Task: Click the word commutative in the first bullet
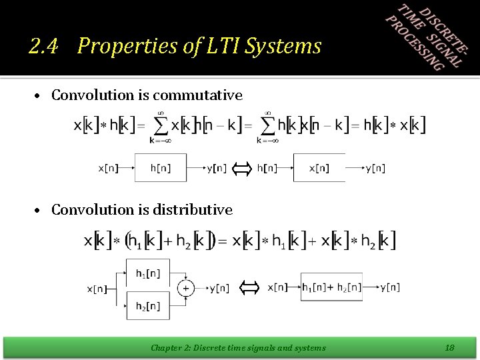pos(199,95)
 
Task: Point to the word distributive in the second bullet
pos(193,210)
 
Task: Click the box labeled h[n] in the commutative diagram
pos(160,168)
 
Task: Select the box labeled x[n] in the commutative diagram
pos(320,168)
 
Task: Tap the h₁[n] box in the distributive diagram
pos(148,273)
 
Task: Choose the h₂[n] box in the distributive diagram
pos(148,306)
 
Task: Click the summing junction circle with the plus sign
pos(185,289)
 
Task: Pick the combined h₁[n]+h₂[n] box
pos(331,287)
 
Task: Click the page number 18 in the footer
pos(449,347)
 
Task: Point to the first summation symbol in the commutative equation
pos(159,125)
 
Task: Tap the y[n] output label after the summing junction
pos(219,289)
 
